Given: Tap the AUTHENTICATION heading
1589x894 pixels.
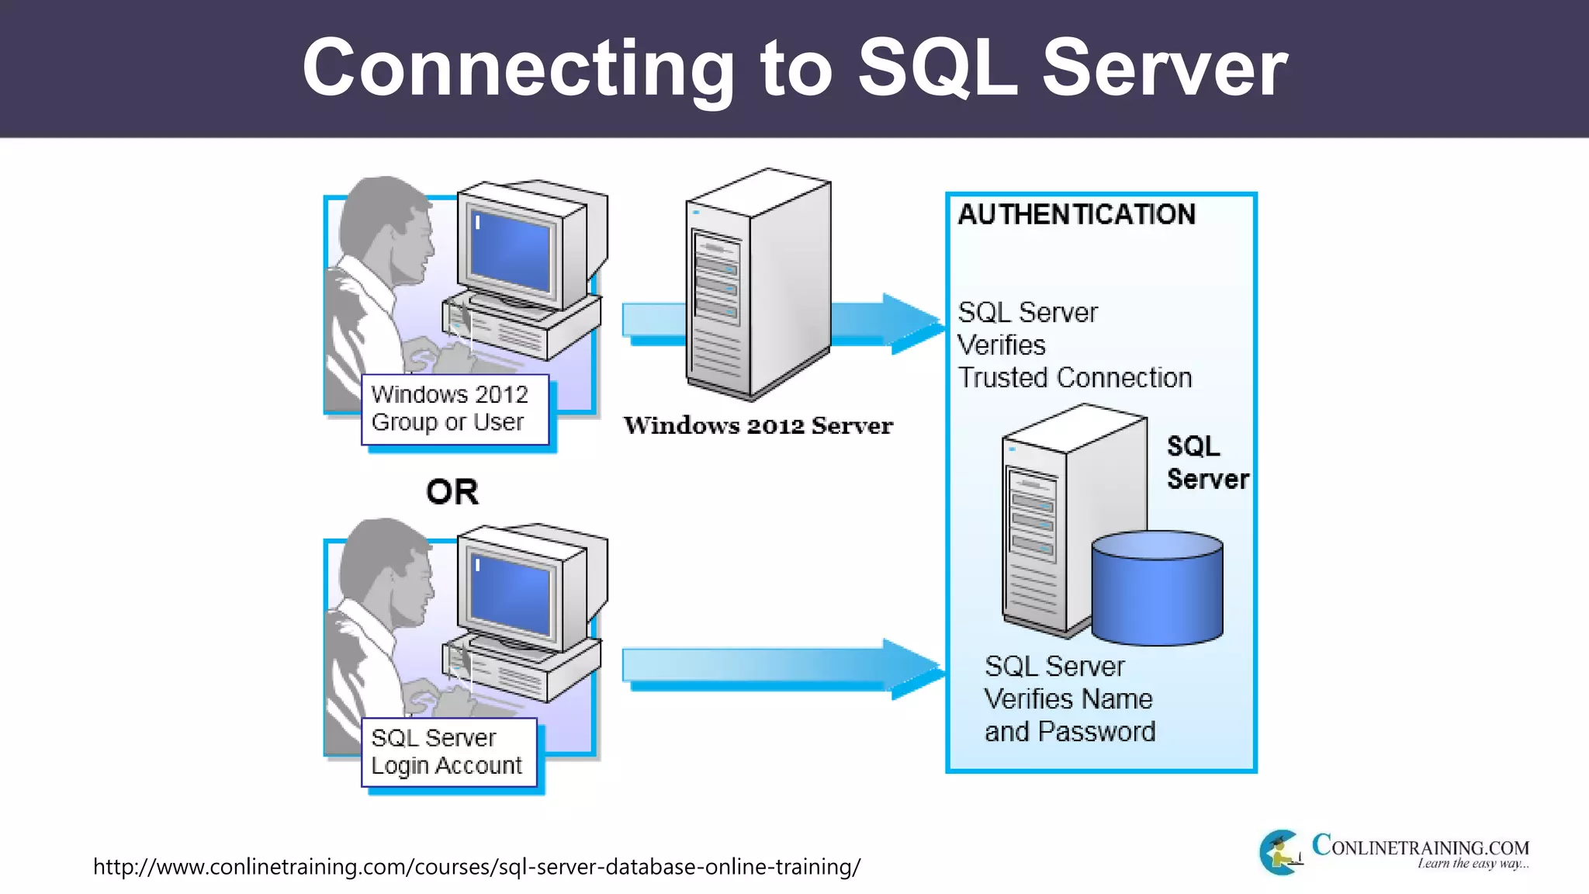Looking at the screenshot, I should coord(1076,215).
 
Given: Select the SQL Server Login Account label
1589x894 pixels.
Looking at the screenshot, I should coord(448,751).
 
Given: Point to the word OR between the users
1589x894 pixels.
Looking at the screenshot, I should coord(452,492).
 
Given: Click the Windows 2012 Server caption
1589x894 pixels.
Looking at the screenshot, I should coord(758,426).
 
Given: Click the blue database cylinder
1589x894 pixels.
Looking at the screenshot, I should coord(1157,590).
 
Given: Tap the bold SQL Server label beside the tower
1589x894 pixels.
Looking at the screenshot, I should coord(1206,463).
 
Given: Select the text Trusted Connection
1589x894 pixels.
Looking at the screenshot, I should coord(1075,378).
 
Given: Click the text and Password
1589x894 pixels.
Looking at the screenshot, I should coord(1070,732).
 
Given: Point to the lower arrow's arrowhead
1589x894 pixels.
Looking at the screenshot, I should coord(912,667).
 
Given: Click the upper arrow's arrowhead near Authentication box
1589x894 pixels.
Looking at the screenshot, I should coord(912,323).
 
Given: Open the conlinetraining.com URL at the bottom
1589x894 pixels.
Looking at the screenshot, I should coord(476,867).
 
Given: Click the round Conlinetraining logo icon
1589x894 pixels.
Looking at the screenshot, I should coord(1281,852).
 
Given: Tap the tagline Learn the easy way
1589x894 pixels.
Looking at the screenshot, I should coord(1472,864).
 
